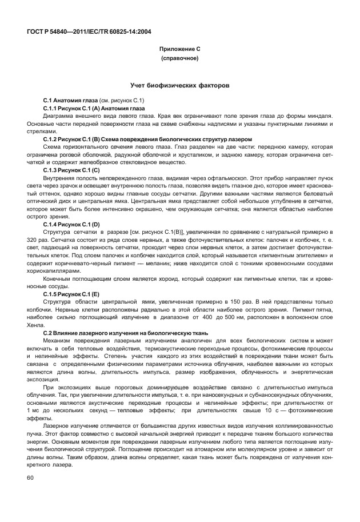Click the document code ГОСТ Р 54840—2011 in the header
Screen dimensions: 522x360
(x=60, y=32)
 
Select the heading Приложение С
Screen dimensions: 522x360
(x=179, y=49)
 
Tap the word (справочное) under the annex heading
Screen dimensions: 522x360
(x=179, y=58)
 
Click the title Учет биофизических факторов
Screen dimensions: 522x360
(x=179, y=85)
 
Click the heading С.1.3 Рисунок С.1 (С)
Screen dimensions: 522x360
(x=71, y=170)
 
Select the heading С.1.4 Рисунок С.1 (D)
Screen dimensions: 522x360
(x=71, y=225)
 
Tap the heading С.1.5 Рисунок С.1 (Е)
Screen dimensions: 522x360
(x=71, y=294)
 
